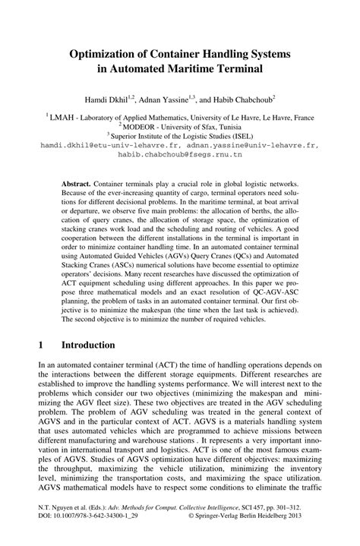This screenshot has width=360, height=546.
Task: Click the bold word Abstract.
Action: pos(77,185)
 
